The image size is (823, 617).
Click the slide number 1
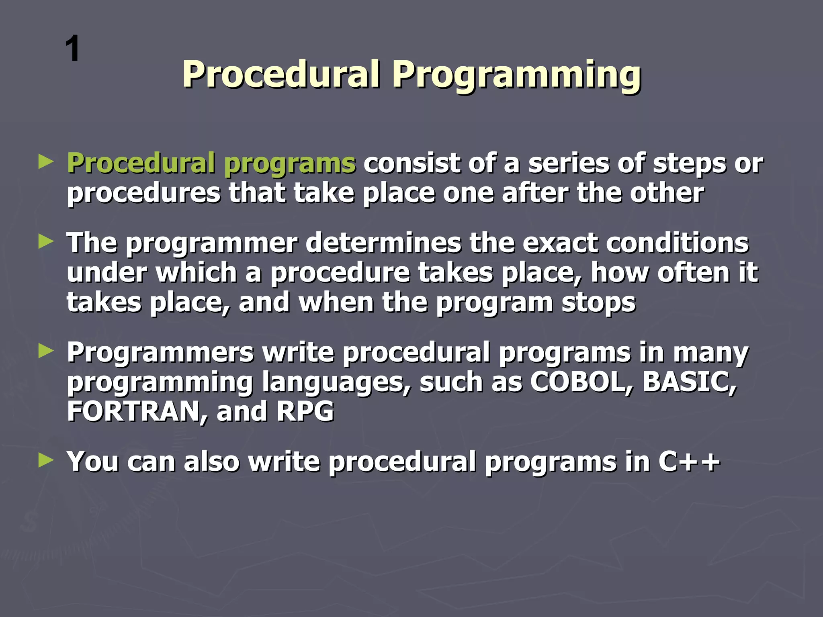pos(73,49)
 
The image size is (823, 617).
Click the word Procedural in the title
pos(281,74)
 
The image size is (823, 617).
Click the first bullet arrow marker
pos(46,162)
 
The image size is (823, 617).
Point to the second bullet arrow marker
pos(46,242)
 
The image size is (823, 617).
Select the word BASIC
pos(690,382)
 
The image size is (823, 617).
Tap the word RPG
pos(305,411)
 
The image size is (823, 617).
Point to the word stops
pos(598,303)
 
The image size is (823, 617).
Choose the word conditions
pos(677,243)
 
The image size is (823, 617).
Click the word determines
pos(383,243)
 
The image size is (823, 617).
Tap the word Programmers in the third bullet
pos(160,353)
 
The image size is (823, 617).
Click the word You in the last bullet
pos(93,462)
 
